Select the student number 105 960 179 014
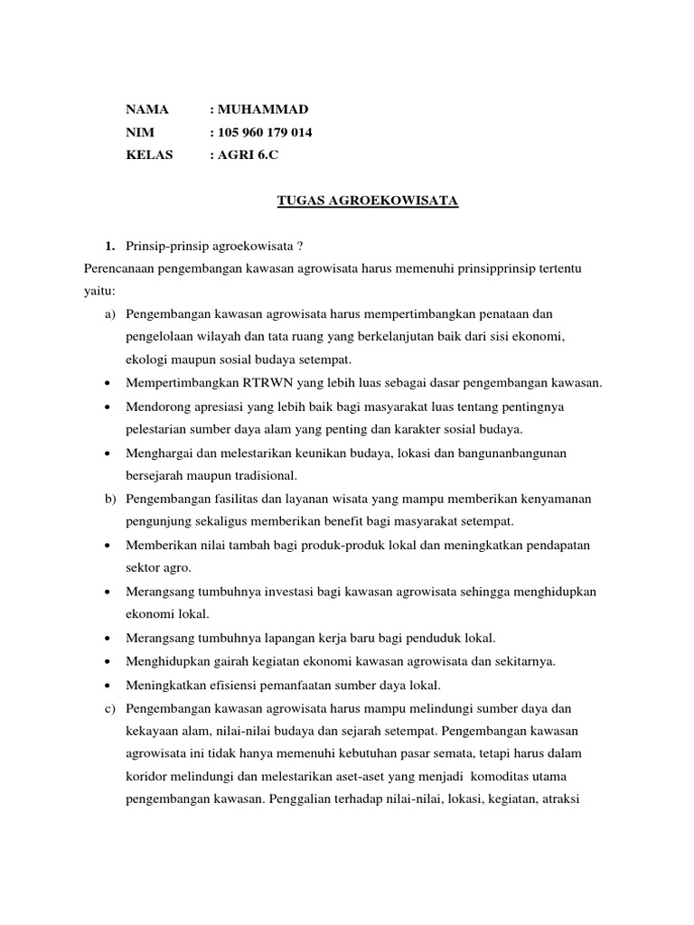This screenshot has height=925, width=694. coord(265,133)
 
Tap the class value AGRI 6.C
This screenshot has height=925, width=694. coord(248,155)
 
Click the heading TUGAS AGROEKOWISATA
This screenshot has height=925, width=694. coord(368,201)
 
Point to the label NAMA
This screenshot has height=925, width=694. coord(147,109)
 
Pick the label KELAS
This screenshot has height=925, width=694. coord(149,155)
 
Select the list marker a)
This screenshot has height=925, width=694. coord(111,313)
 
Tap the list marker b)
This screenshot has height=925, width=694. coord(111,499)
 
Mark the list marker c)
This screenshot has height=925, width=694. coord(111,708)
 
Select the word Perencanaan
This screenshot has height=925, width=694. coord(116,267)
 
